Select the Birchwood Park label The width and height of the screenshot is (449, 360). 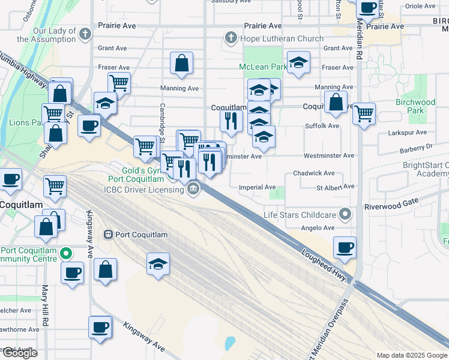coord(415,106)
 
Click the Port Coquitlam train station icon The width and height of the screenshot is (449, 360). coord(109,234)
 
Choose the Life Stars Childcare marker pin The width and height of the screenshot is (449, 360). coord(345,214)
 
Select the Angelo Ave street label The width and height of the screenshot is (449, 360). coord(317,228)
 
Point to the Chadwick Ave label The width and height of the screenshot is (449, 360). coord(313,173)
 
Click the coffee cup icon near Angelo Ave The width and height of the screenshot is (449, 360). coord(345,247)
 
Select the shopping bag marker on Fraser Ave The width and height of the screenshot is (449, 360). coord(181,62)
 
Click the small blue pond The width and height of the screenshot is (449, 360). coord(229,343)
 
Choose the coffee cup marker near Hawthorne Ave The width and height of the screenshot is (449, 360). coord(100,327)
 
